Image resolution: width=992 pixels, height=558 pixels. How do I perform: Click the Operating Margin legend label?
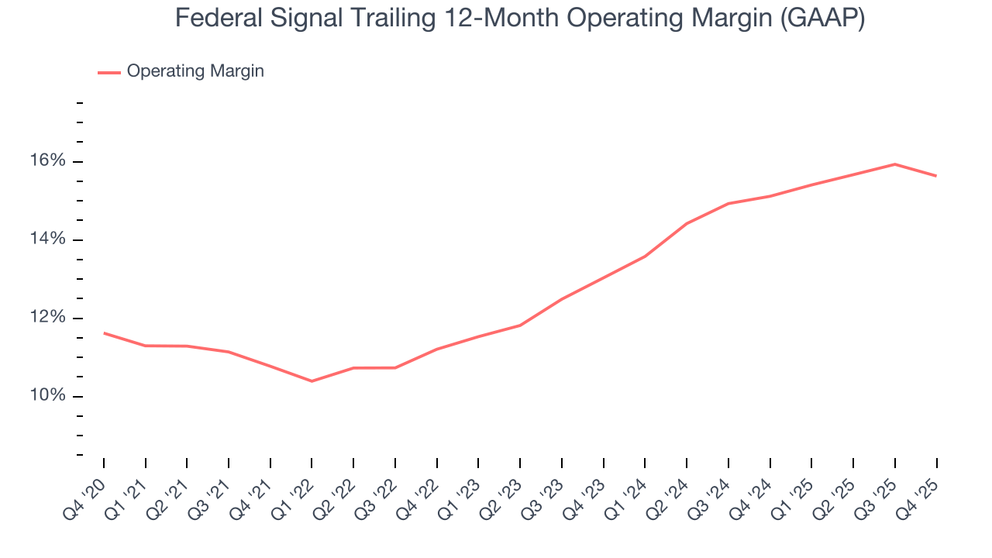[x=195, y=71]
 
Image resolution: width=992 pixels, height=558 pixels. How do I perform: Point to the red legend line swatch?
[x=108, y=72]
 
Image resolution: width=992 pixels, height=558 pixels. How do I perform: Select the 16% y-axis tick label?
[x=49, y=161]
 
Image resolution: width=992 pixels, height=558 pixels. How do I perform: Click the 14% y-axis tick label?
[x=49, y=239]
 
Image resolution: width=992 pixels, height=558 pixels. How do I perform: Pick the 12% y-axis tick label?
[x=49, y=318]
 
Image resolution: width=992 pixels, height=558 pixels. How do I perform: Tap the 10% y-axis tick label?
[x=49, y=396]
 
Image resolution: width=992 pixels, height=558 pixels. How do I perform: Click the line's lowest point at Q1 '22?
[x=312, y=381]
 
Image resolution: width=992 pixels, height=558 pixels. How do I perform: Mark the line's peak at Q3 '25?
[x=895, y=164]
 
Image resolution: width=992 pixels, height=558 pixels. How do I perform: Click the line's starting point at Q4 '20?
[x=104, y=333]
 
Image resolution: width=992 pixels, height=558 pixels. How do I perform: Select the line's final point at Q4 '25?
[x=936, y=176]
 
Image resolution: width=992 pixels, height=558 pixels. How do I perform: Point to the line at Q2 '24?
[x=687, y=223]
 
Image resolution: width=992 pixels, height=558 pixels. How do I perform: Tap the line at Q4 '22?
[x=437, y=349]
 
